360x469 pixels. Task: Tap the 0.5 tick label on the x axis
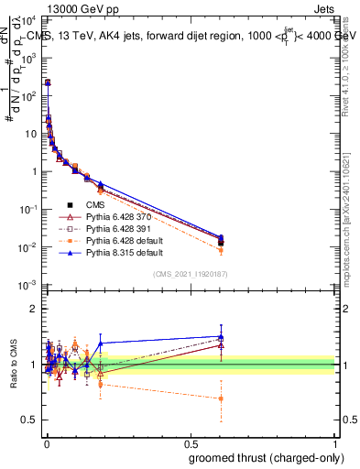191,445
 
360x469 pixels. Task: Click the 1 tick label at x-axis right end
334,445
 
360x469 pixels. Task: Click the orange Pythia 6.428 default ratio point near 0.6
221,398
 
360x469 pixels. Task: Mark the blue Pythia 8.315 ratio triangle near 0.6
221,336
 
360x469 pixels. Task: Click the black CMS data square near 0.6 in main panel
221,242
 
